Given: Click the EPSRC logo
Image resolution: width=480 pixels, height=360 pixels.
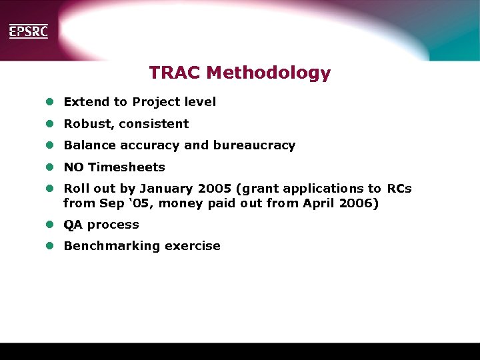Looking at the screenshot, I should click(28, 31).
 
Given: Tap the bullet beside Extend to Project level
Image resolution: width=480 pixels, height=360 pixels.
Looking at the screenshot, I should click(49, 102).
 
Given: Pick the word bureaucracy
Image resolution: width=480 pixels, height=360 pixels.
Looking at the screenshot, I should click(254, 145).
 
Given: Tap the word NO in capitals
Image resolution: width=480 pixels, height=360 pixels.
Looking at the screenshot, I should click(73, 167).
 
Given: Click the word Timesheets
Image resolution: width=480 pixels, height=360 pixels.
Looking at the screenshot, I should click(127, 167).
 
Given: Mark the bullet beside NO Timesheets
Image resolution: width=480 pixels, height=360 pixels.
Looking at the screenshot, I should click(49, 167).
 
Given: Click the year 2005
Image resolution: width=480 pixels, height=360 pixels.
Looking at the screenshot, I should click(215, 189).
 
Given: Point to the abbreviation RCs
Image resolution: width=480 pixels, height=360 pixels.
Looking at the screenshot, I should click(399, 189).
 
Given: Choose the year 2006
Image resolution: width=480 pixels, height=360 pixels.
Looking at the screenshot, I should click(359, 204).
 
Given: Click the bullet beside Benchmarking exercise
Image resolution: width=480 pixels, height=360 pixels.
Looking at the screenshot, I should click(49, 246).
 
